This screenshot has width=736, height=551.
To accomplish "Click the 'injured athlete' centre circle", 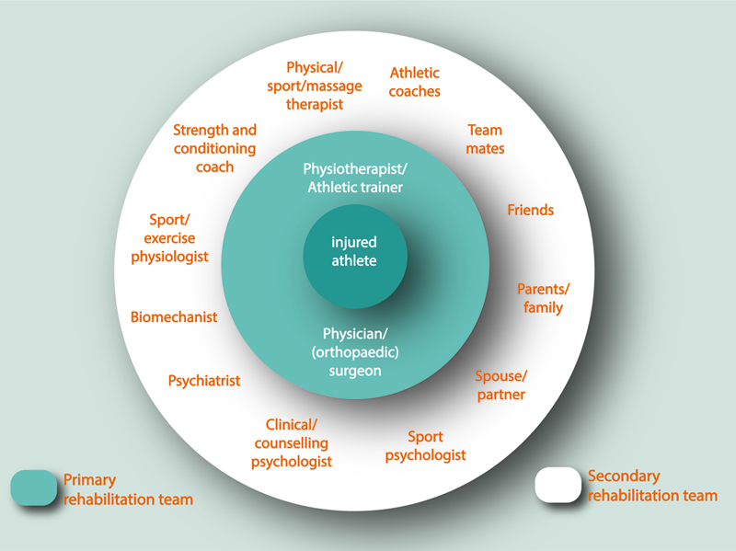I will (354, 251).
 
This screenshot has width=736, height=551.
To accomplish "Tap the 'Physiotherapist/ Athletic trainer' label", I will (354, 178).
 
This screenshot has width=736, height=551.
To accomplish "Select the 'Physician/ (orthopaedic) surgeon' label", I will (354, 352).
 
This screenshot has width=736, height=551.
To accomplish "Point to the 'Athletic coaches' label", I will (415, 82).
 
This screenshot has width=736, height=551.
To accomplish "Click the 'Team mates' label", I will (485, 139).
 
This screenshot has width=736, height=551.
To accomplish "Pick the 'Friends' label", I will (531, 210).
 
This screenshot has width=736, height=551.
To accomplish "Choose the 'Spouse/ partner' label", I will (501, 385).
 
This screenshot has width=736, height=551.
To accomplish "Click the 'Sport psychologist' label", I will (426, 445).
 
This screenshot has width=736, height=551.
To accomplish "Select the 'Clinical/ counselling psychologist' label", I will (292, 442).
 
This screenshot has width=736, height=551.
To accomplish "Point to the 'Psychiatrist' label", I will (204, 380).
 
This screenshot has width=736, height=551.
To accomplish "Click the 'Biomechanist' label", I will (174, 316).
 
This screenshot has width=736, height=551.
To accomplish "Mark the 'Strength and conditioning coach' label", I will (214, 148).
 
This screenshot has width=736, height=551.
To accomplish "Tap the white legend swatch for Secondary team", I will (558, 486).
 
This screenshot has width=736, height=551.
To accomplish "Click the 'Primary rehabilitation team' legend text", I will (128, 489).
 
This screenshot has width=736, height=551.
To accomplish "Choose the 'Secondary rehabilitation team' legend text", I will (651, 486).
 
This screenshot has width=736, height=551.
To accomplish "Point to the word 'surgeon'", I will (354, 371).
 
